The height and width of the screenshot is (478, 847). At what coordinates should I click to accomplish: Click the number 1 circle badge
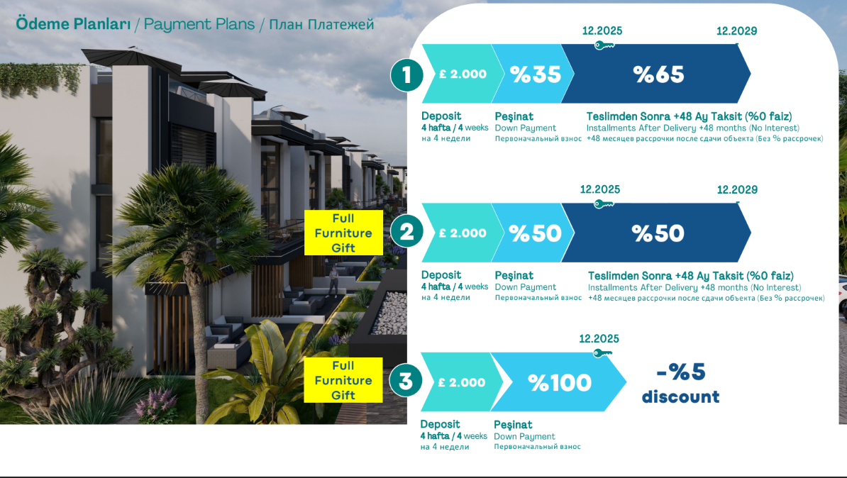406,74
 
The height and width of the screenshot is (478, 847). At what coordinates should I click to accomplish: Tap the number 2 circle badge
406,232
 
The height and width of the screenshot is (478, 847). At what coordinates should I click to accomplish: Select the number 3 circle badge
406,381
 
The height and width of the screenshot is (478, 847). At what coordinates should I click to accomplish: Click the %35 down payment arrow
533,74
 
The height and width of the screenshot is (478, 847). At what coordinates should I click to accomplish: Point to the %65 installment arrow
656,74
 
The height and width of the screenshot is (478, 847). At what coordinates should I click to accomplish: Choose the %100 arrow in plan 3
558,382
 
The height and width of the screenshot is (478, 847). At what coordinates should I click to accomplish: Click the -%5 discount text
680,383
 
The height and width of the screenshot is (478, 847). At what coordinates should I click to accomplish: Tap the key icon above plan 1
604,45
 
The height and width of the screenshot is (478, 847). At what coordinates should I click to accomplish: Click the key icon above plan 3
602,353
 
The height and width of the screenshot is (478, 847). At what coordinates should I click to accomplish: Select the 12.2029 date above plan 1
736,31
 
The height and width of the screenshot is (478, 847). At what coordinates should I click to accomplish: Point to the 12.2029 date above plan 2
737,189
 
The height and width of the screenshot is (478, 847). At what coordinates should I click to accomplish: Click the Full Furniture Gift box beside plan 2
343,233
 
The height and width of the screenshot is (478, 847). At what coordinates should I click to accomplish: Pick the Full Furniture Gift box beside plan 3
343,380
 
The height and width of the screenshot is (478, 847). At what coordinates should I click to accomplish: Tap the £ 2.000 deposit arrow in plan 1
463,74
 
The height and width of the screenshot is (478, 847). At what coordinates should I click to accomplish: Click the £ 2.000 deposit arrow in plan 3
461,382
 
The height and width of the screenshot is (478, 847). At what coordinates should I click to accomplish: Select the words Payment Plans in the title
199,25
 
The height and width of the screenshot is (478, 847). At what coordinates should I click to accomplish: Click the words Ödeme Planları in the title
74,24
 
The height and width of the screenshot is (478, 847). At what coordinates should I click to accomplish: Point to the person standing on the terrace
334,280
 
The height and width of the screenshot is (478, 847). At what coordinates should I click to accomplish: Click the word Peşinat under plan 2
514,275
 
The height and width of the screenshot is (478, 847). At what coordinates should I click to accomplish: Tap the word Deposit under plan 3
441,424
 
